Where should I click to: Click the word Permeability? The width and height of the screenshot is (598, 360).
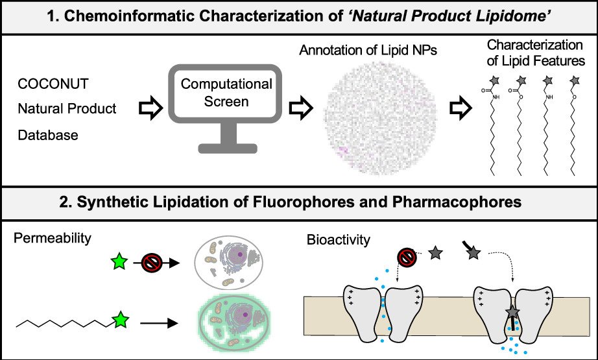[52, 239]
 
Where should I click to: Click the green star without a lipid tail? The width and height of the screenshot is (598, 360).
[119, 263]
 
